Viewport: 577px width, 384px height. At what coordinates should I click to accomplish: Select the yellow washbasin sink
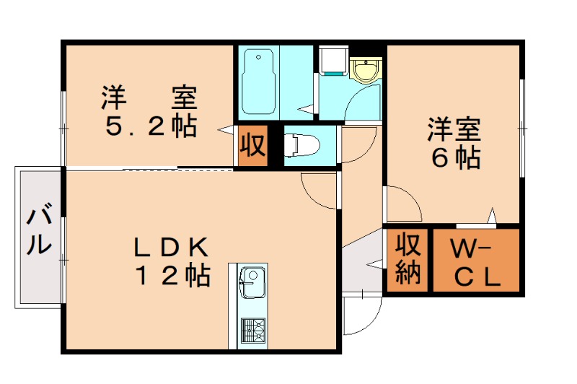[366, 71]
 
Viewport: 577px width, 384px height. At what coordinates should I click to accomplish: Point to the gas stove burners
[252, 331]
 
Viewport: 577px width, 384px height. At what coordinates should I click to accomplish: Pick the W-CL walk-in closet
[475, 261]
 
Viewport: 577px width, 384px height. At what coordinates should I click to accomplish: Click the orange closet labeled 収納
[408, 261]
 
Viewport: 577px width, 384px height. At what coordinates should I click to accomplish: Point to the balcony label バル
[40, 229]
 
